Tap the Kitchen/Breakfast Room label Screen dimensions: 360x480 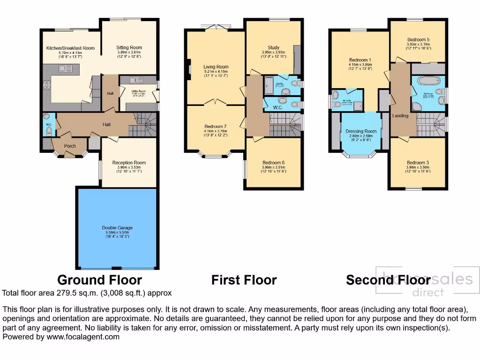pos(70,48)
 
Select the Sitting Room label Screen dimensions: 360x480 pos(129,47)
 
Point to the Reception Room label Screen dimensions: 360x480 pos(129,163)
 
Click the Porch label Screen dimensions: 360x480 pos(70,146)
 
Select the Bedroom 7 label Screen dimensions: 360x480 pos(216,126)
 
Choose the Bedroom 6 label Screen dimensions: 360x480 pos(274,162)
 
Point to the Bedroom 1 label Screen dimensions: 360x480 pos(360,60)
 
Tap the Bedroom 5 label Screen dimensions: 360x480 pos(418,39)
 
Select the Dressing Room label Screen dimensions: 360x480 pos(361,131)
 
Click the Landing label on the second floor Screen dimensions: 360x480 pos(400,115)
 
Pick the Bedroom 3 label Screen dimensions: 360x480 pos(418,162)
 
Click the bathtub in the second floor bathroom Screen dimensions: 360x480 pos(427,81)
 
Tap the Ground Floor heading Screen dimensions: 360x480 pos(99,280)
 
